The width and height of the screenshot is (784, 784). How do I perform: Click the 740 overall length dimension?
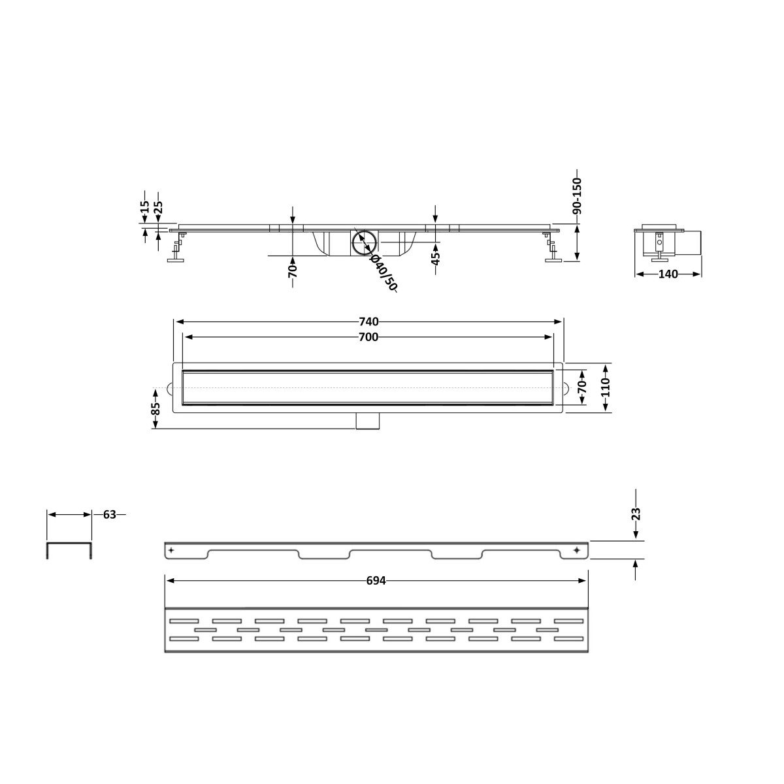[x=368, y=322]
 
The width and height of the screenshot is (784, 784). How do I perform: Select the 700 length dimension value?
[x=368, y=337]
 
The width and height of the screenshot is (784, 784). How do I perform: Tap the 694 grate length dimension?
[x=376, y=581]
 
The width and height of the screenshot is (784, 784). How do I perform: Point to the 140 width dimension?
[x=668, y=274]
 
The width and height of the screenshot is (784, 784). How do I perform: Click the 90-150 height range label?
[x=578, y=197]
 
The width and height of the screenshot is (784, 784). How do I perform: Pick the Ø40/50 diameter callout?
[x=383, y=273]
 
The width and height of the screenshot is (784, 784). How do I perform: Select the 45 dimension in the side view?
[x=435, y=258]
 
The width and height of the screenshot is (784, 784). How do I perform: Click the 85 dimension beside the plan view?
[x=155, y=408]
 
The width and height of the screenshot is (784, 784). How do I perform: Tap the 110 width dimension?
[x=606, y=387]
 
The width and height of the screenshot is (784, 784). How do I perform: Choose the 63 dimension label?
[x=110, y=515]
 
